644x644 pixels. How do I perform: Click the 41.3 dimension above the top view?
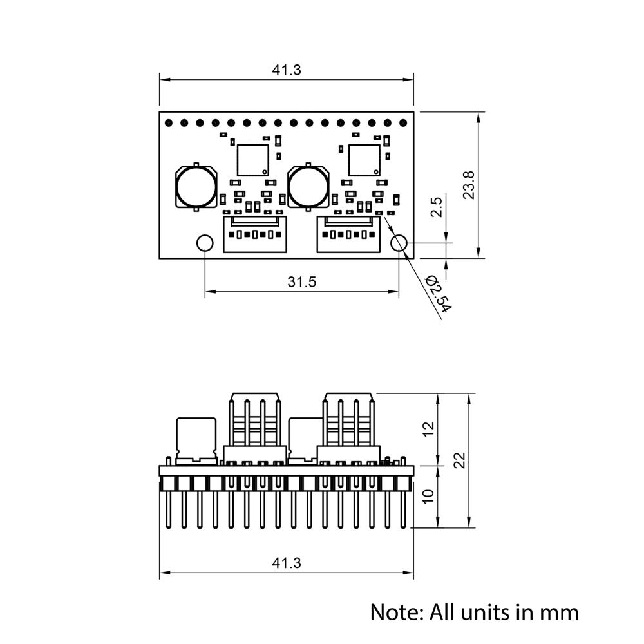(x=286, y=70)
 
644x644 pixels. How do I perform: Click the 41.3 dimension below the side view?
(x=286, y=563)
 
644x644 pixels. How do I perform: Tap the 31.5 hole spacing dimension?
(x=301, y=282)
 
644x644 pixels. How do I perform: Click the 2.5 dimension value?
(x=437, y=207)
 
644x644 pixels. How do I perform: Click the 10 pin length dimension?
(x=430, y=496)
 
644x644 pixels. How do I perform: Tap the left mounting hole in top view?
(x=205, y=243)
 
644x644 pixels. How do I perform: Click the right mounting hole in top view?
(x=400, y=243)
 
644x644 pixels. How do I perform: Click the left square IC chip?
(x=252, y=160)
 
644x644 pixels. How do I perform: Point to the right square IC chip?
(x=364, y=160)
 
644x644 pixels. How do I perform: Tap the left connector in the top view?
(x=255, y=234)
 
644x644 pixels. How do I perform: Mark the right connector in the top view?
(x=348, y=234)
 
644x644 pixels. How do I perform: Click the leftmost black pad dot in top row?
(x=169, y=122)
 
